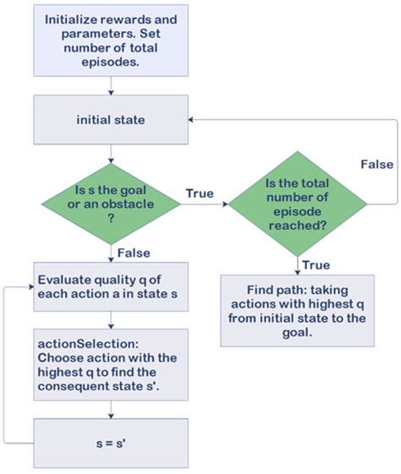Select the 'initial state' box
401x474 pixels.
111,119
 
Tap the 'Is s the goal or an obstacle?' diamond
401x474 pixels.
111,204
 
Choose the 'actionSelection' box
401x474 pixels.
111,366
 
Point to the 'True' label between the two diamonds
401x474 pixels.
200,193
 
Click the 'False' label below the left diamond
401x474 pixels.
135,253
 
